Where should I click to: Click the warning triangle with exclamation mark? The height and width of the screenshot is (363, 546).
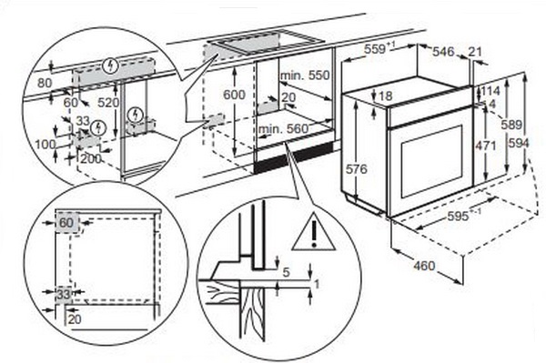tap(313, 233)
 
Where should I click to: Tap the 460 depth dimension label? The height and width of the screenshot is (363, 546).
tap(424, 266)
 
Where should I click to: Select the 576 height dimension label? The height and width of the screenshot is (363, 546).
tap(356, 169)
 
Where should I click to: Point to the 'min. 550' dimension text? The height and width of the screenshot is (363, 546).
tap(305, 76)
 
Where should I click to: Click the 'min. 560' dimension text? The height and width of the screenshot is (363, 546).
tap(283, 129)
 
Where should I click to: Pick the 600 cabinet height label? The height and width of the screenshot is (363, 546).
tap(234, 95)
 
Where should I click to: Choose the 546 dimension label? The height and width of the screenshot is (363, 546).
tap(443, 52)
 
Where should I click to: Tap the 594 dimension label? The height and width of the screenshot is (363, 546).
tap(519, 143)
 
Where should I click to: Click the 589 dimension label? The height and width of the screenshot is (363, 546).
tap(511, 125)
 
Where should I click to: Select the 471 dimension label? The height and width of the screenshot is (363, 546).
tap(485, 146)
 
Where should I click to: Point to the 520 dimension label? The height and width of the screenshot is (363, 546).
tap(108, 102)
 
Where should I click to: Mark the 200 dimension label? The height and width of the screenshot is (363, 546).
tap(91, 159)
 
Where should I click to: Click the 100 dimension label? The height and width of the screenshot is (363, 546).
tap(45, 144)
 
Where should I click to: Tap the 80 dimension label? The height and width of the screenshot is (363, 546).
tap(45, 83)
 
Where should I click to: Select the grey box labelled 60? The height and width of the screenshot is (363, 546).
tap(67, 222)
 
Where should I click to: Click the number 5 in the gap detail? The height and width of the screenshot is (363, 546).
tap(286, 272)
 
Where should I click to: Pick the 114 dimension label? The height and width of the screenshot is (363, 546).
tap(490, 91)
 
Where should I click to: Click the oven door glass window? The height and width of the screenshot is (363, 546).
tap(431, 162)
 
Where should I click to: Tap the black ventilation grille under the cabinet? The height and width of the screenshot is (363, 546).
tap(293, 158)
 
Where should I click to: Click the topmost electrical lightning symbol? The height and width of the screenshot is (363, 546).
tap(111, 66)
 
